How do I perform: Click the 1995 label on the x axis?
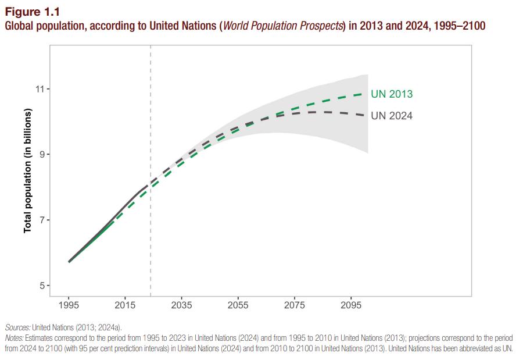click(69, 305)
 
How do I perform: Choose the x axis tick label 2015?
click(126, 305)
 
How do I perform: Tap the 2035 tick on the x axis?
click(182, 305)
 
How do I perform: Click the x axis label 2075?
click(295, 305)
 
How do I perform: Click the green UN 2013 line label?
click(392, 94)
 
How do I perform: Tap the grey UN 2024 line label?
click(392, 116)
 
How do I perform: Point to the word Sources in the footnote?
click(17, 327)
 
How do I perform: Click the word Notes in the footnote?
click(15, 338)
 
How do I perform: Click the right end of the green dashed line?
click(367, 94)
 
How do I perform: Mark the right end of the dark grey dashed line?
click(367, 115)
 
